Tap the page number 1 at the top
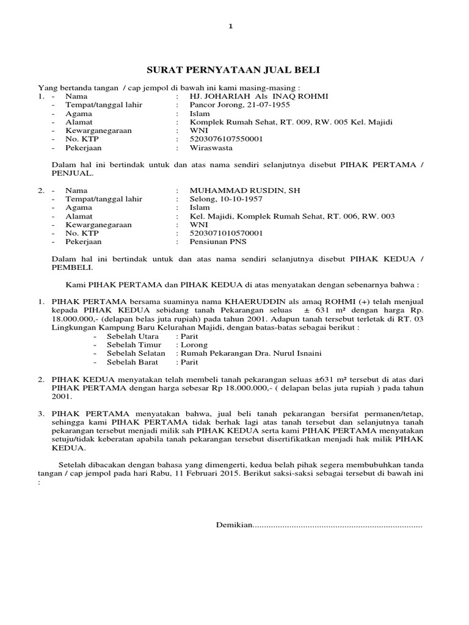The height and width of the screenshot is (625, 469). pyautogui.click(x=231, y=26)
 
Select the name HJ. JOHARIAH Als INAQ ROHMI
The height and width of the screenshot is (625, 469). pyautogui.click(x=259, y=96)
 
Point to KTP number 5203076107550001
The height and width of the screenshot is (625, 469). pyautogui.click(x=226, y=139)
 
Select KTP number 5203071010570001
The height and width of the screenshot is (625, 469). pyautogui.click(x=226, y=233)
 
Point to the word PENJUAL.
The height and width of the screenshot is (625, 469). pyautogui.click(x=72, y=173)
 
